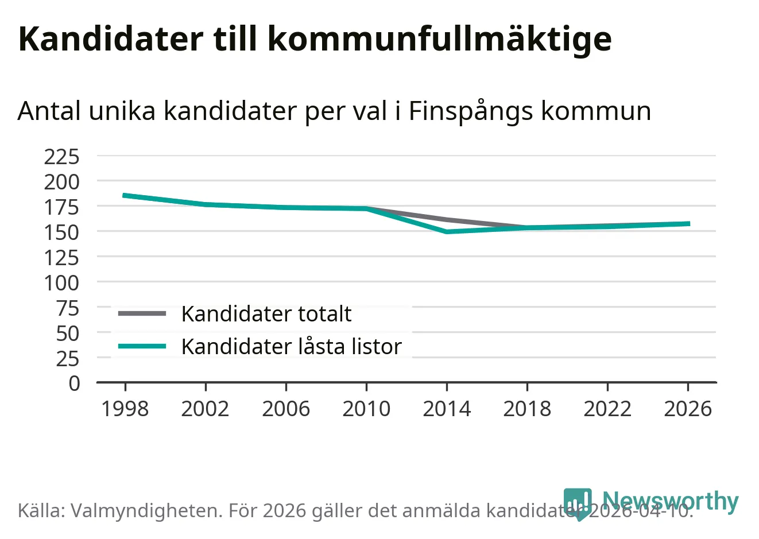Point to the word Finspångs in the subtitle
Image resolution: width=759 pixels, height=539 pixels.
tap(470, 111)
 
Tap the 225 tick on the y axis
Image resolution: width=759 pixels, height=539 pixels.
tap(62, 156)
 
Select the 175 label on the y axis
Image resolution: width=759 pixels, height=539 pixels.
tap(62, 207)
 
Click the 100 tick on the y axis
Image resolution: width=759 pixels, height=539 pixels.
tap(62, 282)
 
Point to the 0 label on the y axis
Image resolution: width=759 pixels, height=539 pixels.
tap(75, 383)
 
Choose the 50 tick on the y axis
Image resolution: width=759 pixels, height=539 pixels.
tap(68, 333)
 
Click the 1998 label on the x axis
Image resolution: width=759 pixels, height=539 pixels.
tap(125, 409)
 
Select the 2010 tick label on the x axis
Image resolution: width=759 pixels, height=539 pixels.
tap(366, 409)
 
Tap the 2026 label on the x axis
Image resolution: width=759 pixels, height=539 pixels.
tap(688, 409)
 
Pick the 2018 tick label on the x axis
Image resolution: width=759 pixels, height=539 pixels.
tap(527, 409)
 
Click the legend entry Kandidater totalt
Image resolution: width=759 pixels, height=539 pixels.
tap(266, 314)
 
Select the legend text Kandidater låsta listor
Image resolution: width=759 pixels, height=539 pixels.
tap(291, 347)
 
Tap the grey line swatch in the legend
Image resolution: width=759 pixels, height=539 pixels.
tap(142, 313)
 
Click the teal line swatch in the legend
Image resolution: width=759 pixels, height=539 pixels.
tap(142, 346)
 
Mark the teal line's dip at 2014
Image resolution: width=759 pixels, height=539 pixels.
tap(447, 231)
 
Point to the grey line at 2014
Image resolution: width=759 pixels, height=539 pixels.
tap(447, 220)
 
